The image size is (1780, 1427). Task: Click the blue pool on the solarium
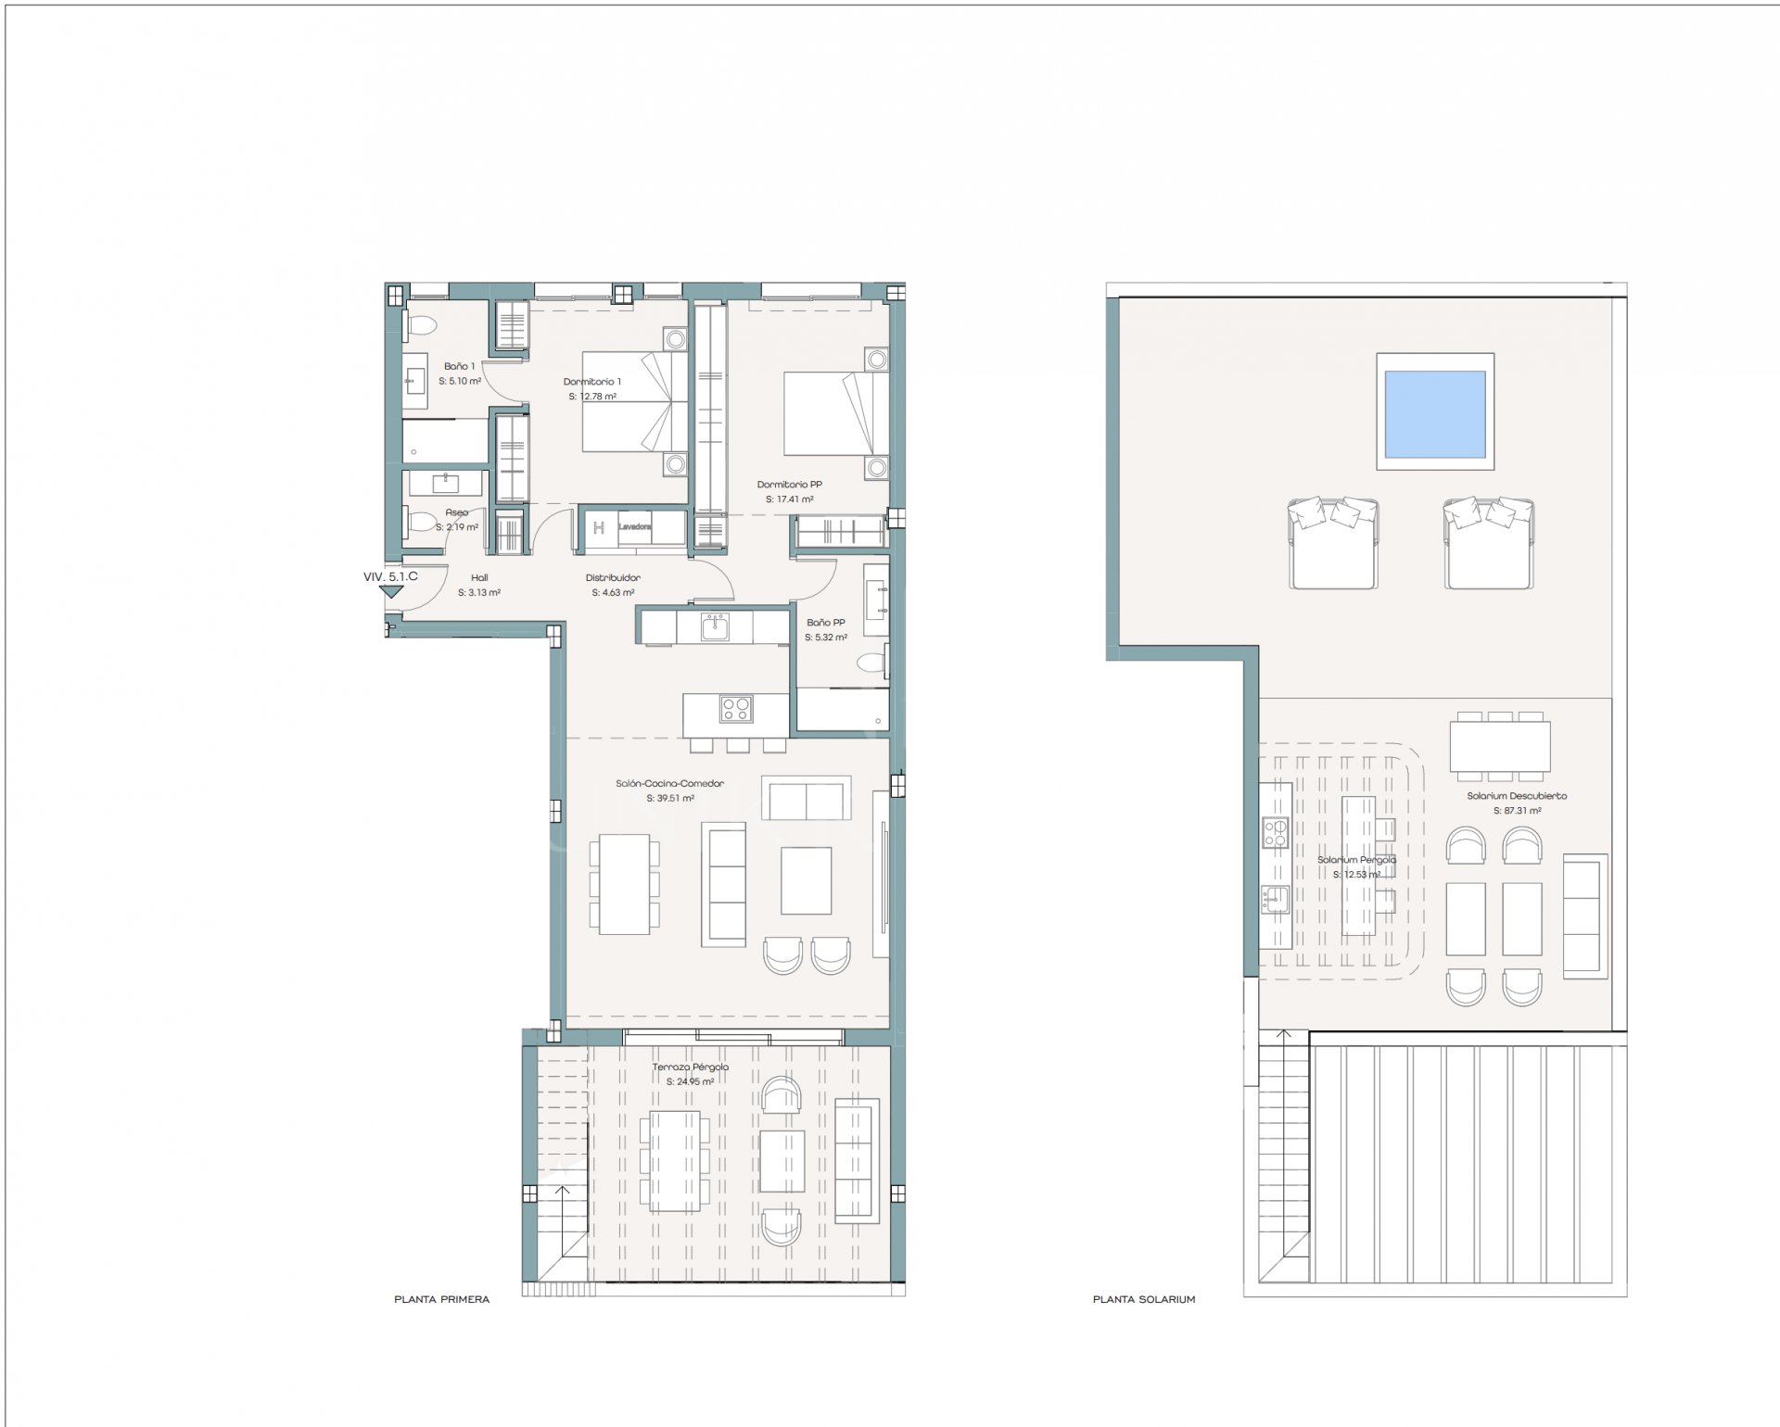click(1434, 413)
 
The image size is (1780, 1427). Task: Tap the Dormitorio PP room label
click(789, 485)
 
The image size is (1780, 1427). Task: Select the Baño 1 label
click(459, 367)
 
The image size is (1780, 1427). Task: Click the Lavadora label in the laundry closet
click(634, 527)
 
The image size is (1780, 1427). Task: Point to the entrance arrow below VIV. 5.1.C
click(391, 591)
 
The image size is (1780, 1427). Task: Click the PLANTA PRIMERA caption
click(441, 1300)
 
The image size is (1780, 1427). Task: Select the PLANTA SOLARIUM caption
click(1143, 1300)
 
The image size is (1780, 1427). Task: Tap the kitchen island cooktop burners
click(736, 710)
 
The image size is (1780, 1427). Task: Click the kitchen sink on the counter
click(714, 626)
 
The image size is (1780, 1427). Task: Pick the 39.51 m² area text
click(669, 799)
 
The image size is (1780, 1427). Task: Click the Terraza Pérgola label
click(691, 1067)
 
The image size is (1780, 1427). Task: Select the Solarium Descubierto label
click(1517, 796)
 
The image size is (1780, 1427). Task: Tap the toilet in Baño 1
click(422, 325)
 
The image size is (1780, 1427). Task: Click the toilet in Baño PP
click(871, 663)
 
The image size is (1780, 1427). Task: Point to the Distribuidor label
click(613, 578)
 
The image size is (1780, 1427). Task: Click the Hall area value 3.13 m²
click(479, 593)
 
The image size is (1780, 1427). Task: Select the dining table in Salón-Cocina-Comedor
click(624, 884)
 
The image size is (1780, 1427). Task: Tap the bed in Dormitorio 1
click(635, 401)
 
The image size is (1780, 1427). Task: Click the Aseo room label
click(457, 512)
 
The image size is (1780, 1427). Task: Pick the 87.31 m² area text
click(1517, 811)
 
